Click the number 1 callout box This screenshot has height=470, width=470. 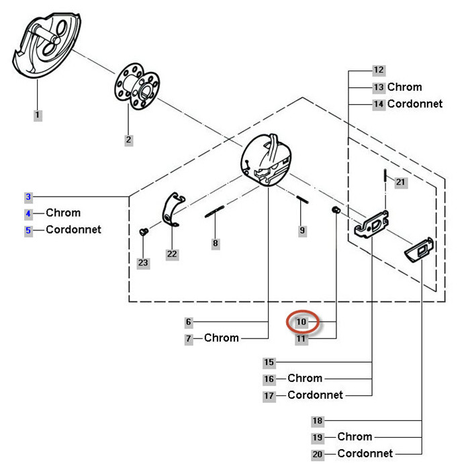coord(38,115)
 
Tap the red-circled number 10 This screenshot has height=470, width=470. coord(301,322)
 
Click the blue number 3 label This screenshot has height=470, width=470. coord(28,197)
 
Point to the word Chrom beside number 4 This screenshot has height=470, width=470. coord(63,213)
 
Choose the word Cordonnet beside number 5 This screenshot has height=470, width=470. coord(73,230)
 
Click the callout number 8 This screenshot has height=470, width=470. coord(215,243)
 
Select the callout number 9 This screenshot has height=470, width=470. coord(302,230)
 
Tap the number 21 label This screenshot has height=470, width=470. coord(401,182)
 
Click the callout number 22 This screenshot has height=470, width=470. coord(173,254)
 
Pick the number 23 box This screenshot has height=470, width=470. coord(143,263)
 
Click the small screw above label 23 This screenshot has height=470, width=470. coord(143,232)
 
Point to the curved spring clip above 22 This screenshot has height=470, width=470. coord(173,208)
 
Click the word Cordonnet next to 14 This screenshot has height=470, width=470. coord(415,104)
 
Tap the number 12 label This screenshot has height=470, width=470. coord(379,70)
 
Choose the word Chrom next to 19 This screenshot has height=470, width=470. coord(355,437)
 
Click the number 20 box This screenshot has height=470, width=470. coord(318,454)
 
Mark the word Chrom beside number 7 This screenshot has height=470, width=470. coord(222,338)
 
